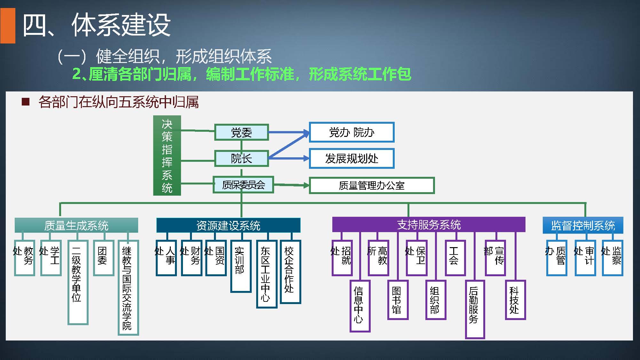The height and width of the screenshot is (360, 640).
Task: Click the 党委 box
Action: click(x=241, y=132)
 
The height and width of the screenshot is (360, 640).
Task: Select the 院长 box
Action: click(x=241, y=159)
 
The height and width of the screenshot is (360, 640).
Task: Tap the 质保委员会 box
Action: click(x=243, y=185)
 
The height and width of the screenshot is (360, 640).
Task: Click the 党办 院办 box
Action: click(x=352, y=132)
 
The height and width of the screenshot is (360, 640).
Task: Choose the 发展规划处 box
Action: click(x=352, y=158)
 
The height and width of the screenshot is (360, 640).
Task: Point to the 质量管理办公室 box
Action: click(x=372, y=185)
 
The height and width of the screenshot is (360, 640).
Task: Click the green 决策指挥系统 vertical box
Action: click(x=167, y=155)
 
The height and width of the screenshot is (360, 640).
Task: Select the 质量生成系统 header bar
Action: click(x=76, y=225)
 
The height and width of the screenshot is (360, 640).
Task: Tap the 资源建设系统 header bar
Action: click(x=228, y=225)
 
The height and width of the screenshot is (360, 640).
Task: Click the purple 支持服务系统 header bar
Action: click(x=429, y=224)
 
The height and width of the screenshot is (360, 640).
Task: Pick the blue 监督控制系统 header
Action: click(x=583, y=225)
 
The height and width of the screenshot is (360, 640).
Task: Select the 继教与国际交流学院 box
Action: click(x=128, y=287)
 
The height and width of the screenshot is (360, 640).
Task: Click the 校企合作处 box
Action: click(x=290, y=271)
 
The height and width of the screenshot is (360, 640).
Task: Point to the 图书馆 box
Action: click(x=398, y=300)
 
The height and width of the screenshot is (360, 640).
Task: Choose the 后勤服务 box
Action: click(x=475, y=309)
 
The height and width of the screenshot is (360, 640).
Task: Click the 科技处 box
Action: click(x=515, y=300)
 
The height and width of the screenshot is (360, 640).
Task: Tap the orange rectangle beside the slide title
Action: click(x=8, y=26)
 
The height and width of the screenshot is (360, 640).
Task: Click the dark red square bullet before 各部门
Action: click(x=26, y=102)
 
